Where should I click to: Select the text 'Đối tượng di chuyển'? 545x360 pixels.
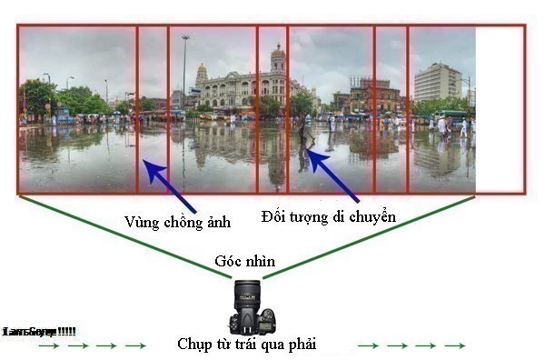tap(329, 216)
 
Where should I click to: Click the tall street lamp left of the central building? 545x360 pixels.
tap(185, 73)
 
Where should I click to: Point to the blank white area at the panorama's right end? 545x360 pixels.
tap(500, 109)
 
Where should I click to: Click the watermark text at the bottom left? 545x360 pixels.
tap(39, 331)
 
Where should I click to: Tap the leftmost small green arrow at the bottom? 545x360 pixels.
tap(48, 345)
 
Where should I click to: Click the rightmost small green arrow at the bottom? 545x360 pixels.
tap(455, 345)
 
